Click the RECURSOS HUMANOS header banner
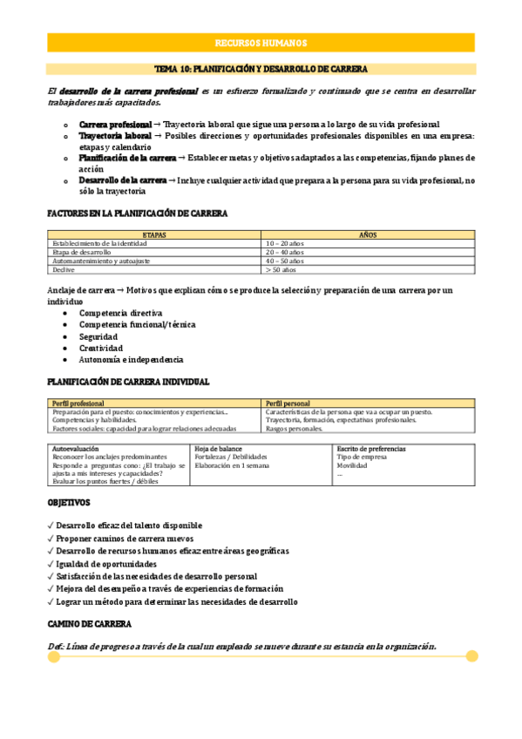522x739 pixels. tap(261, 44)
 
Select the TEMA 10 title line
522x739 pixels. tap(261, 68)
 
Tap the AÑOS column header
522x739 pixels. tap(368, 234)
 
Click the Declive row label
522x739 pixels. tap(65, 269)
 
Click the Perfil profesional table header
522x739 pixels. tap(78, 403)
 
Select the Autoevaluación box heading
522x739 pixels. tap(76, 448)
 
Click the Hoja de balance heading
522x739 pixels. tap(219, 448)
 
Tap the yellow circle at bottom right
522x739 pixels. tap(471, 655)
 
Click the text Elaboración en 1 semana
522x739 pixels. tap(232, 465)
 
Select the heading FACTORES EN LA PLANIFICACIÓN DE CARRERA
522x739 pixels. tap(137, 213)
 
